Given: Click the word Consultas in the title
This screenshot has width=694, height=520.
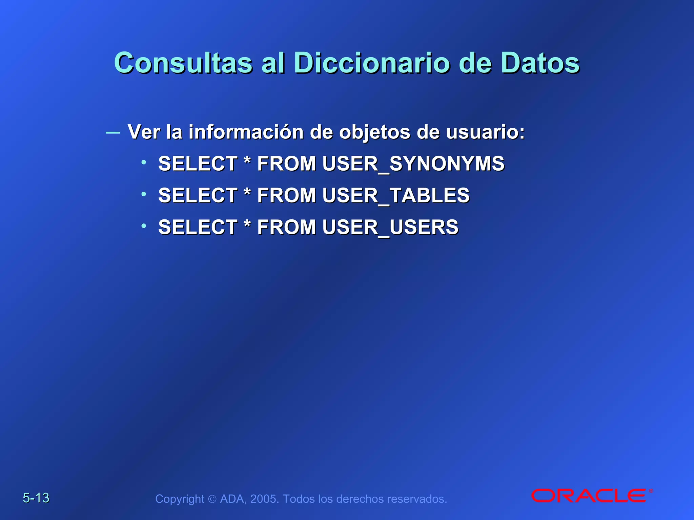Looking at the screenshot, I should tap(183, 63).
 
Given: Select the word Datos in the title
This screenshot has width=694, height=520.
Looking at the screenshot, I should tap(540, 63).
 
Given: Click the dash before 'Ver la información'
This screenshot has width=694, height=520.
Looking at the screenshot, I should tap(113, 132).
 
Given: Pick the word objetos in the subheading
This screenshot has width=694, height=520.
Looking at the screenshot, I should tap(374, 132).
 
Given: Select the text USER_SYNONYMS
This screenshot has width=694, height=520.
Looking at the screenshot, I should tap(413, 164).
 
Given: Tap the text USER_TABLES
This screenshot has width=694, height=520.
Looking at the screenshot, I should tap(396, 195).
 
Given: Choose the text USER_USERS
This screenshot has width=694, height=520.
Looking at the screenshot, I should tap(390, 227).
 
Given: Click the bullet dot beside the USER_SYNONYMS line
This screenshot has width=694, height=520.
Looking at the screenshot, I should tap(144, 162).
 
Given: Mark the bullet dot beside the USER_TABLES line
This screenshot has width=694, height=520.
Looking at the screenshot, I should tap(144, 194).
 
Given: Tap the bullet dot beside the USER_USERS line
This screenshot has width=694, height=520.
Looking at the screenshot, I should tap(144, 225).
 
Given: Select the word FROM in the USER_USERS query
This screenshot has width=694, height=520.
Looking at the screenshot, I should tap(286, 227).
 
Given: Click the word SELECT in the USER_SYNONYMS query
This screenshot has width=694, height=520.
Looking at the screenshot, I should tap(198, 164).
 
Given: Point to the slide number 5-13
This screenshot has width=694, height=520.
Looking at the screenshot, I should tap(36, 498).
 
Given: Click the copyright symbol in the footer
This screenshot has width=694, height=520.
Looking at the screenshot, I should tap(212, 499).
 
